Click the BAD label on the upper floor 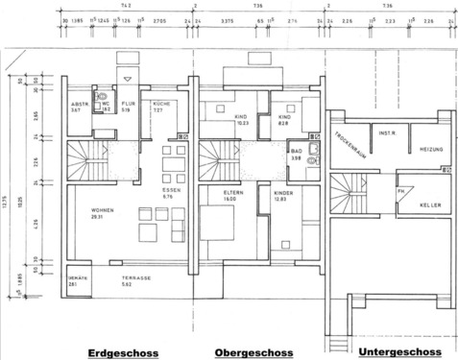tap(296, 155)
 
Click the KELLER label tap(430, 204)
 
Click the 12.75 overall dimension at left tap(8, 201)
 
